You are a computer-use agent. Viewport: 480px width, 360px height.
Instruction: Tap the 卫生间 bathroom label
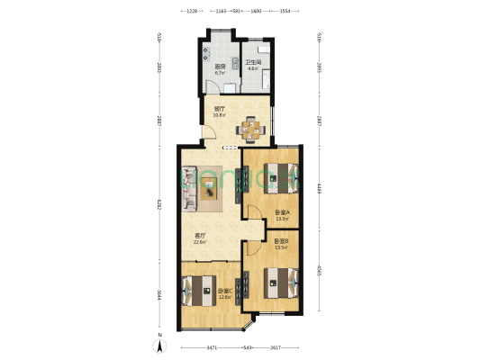tap(253, 63)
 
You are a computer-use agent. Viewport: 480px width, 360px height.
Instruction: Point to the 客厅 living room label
tap(200, 238)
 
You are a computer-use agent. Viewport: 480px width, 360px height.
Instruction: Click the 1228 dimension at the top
tap(191, 11)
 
